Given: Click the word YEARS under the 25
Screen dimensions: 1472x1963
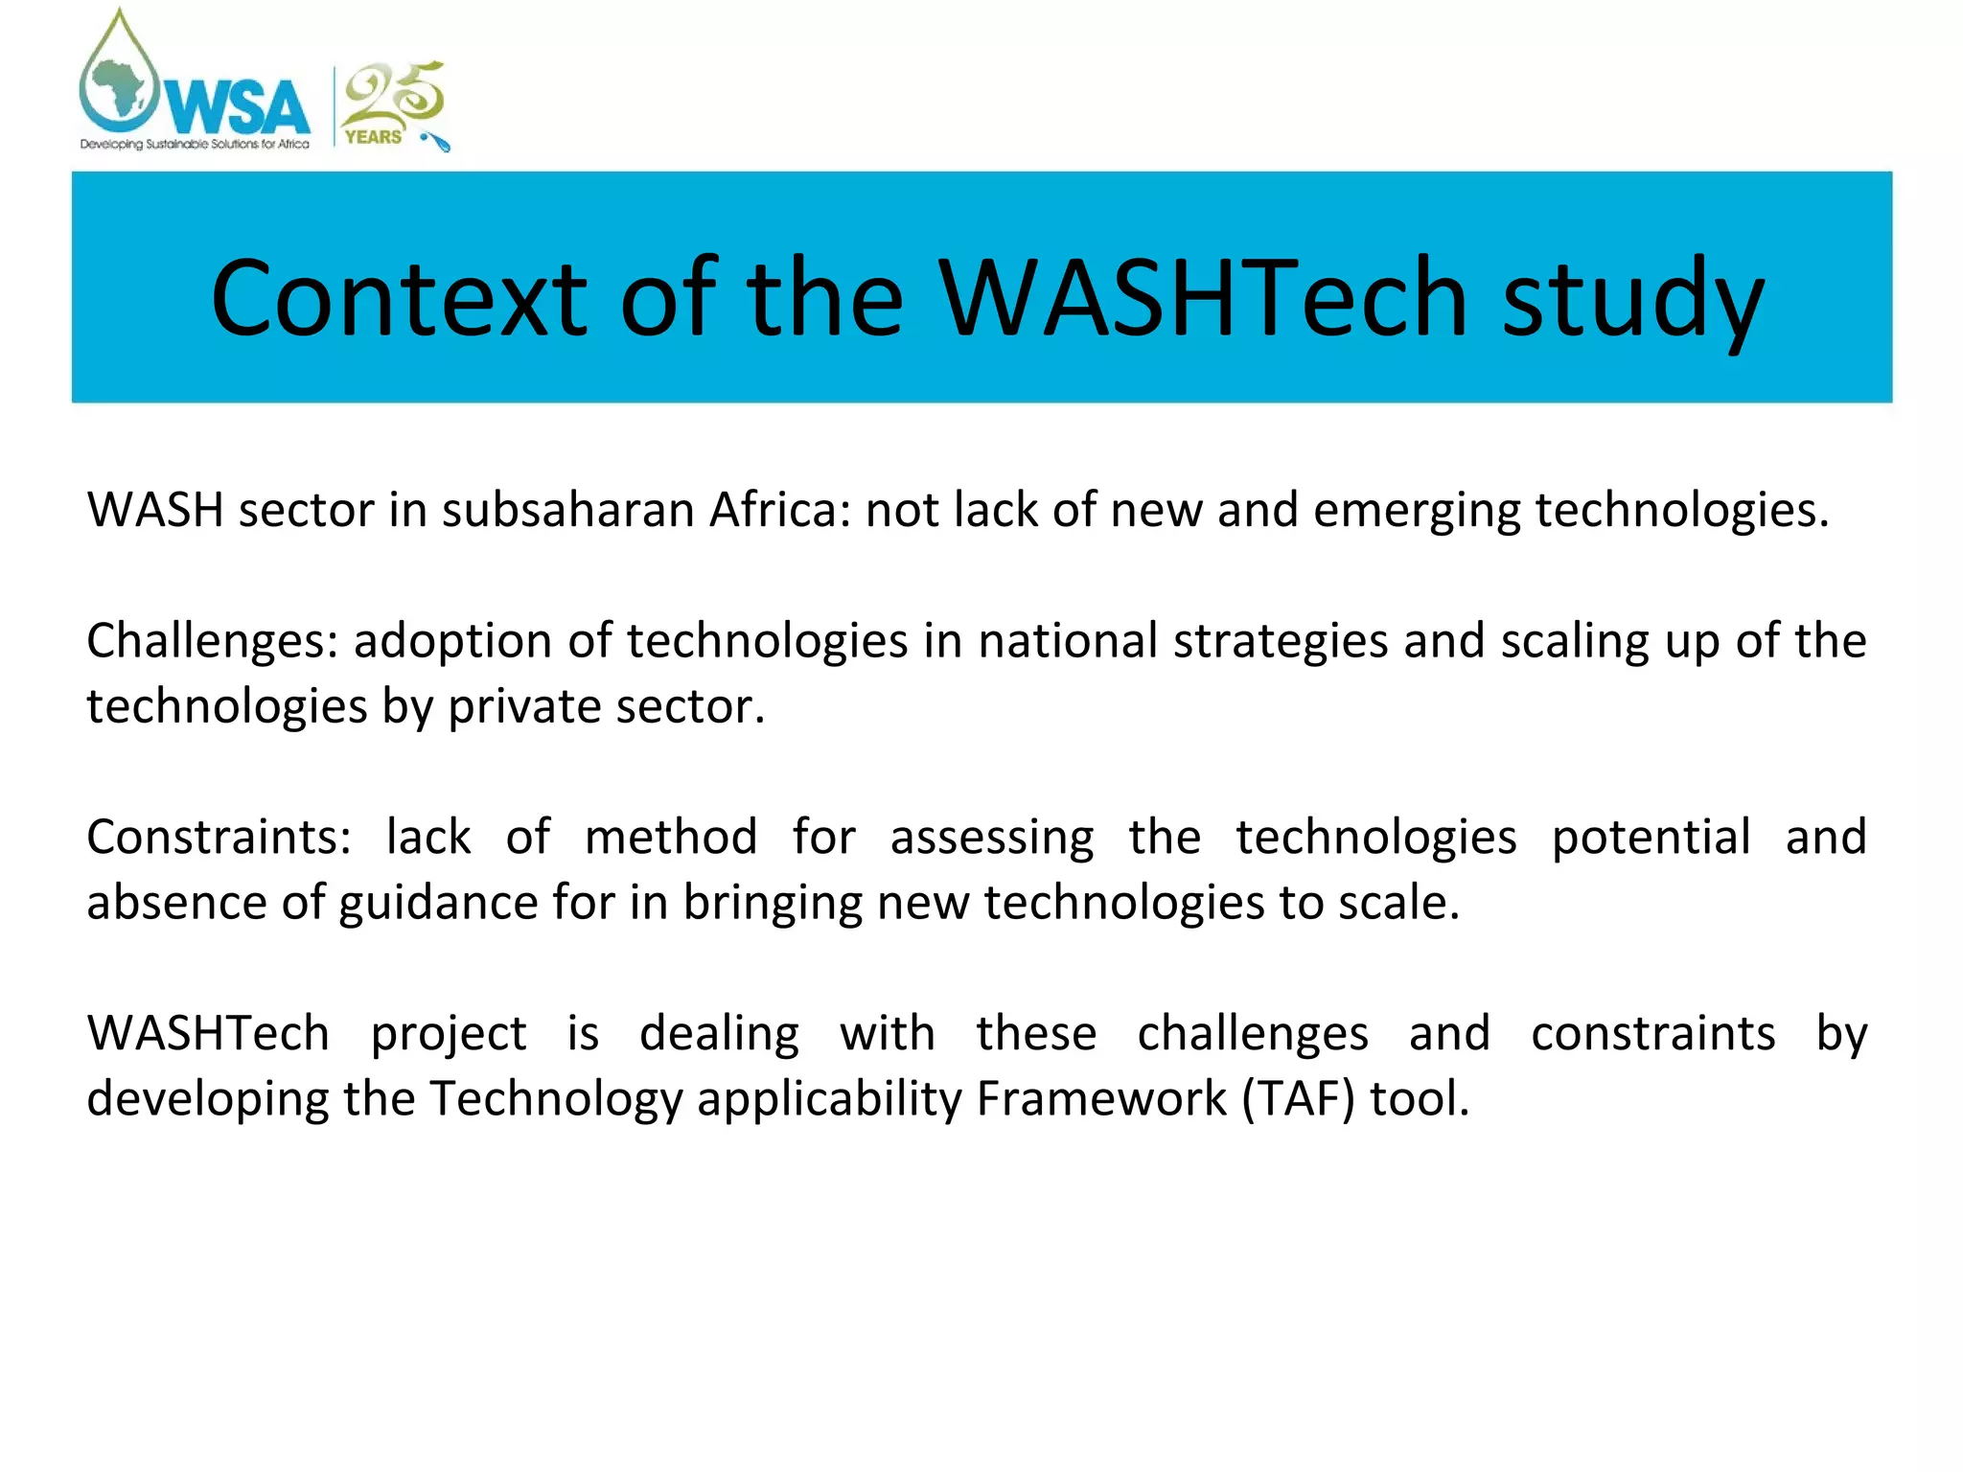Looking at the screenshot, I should [x=373, y=137].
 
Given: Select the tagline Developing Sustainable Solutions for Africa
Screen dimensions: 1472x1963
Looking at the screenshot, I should [x=195, y=145].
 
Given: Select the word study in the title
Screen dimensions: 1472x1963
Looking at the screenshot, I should [x=1632, y=299].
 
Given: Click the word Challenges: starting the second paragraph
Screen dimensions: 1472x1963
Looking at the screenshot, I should [x=213, y=641].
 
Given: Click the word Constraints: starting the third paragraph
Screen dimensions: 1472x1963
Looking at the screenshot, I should [x=219, y=837].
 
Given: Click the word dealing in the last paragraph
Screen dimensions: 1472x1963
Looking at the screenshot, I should [x=719, y=1033].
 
